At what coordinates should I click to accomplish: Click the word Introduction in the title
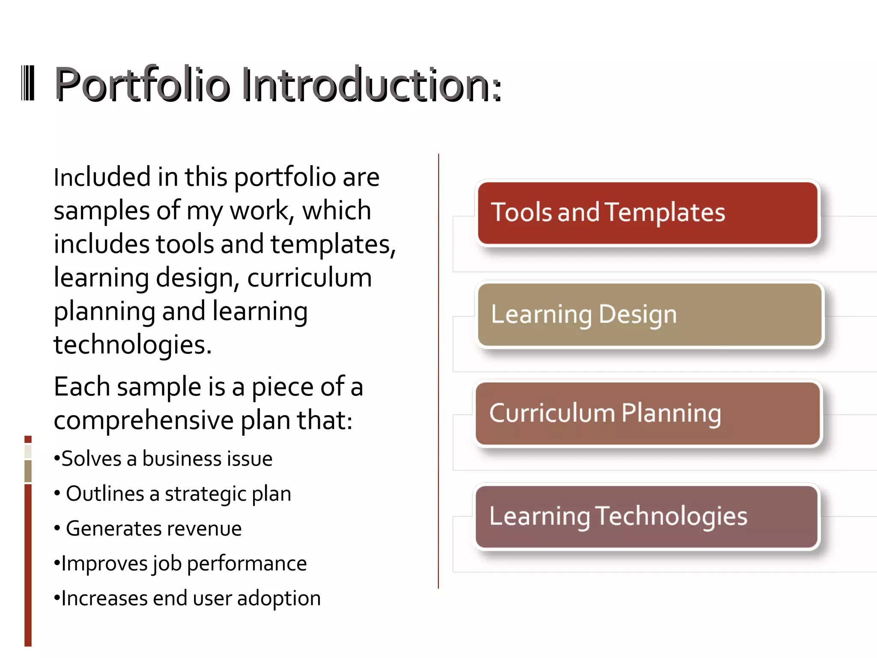[x=371, y=84]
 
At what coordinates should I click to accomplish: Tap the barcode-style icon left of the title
[x=28, y=83]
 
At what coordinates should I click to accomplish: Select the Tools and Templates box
[x=647, y=213]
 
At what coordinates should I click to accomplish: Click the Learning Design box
[x=650, y=314]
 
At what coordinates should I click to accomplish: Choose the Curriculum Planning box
[x=647, y=413]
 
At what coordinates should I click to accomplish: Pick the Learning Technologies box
[x=647, y=516]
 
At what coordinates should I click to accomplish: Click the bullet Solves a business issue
[x=163, y=459]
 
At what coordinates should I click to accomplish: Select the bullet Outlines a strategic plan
[x=173, y=493]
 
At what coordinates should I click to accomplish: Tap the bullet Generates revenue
[x=148, y=529]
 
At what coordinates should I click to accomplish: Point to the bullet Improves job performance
[x=180, y=563]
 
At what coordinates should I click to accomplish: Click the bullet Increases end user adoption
[x=187, y=598]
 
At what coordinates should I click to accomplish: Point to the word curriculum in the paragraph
[x=309, y=278]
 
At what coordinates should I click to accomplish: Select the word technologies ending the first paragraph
[x=132, y=345]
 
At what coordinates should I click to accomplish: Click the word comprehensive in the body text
[x=143, y=420]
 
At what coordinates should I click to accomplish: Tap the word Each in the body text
[x=82, y=387]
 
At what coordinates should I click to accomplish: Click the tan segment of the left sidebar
[x=28, y=471]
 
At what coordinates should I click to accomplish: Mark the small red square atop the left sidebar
[x=28, y=439]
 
